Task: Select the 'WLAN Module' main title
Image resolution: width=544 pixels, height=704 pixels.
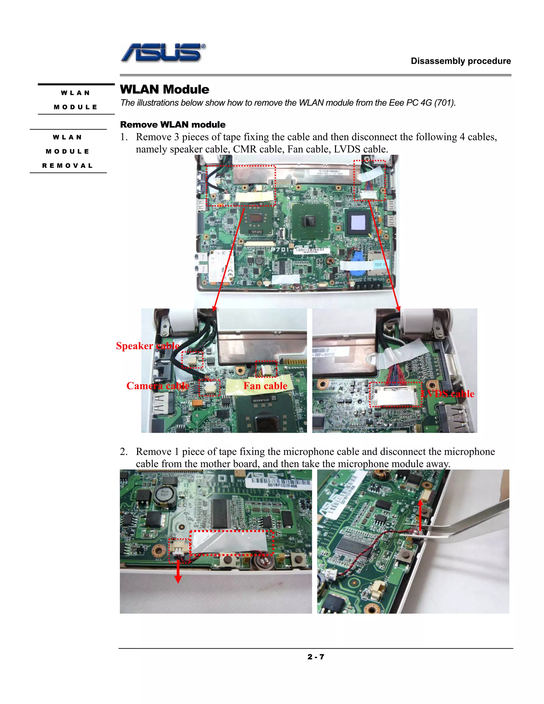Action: (x=164, y=89)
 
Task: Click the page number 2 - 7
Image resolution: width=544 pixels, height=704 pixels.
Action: (x=316, y=657)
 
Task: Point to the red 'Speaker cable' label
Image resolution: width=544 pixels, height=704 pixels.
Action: (x=147, y=346)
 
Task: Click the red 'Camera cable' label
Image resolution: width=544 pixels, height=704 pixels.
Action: (x=157, y=386)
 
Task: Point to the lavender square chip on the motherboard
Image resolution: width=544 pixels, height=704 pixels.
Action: (x=358, y=222)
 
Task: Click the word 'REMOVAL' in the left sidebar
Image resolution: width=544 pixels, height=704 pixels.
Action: (x=68, y=166)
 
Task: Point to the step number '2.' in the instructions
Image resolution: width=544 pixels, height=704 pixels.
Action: (x=124, y=452)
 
